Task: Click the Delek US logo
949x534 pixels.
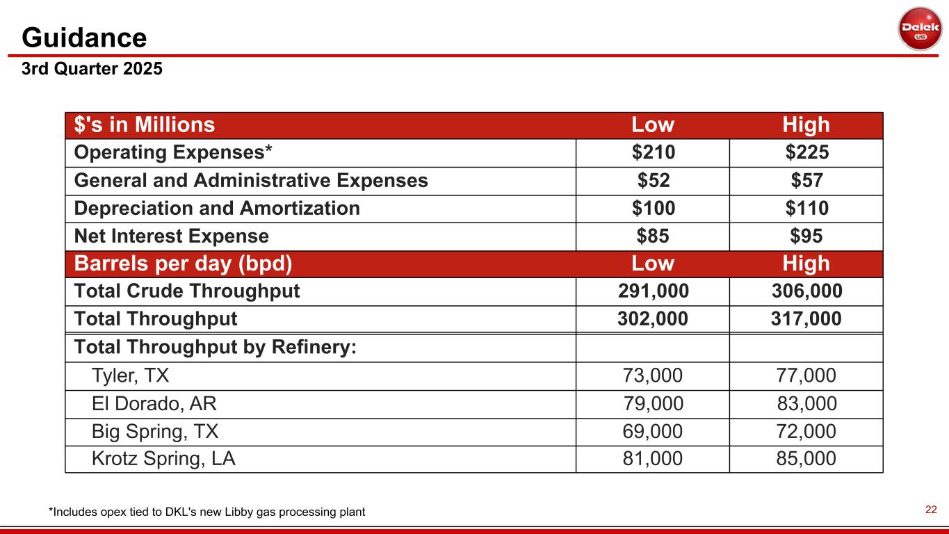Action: (919, 29)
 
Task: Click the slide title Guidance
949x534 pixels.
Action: (84, 38)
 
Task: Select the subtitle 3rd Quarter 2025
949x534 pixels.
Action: (92, 70)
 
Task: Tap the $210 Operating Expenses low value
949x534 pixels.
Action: (653, 153)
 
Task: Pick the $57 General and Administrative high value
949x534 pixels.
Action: (806, 181)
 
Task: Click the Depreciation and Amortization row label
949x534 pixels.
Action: (217, 209)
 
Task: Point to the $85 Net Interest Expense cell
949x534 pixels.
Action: (653, 236)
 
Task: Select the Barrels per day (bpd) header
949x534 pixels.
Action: (182, 264)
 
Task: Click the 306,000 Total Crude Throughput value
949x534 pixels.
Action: (806, 291)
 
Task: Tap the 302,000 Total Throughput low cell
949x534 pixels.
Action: (653, 319)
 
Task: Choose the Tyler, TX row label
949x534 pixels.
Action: (130, 376)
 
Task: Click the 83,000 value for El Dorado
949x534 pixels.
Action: (806, 404)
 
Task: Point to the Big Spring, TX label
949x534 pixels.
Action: (155, 432)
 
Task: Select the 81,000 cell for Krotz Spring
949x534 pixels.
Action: (653, 459)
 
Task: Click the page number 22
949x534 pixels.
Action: (932, 510)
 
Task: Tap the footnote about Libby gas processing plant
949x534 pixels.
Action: (206, 512)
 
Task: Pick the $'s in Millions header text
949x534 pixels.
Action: (145, 125)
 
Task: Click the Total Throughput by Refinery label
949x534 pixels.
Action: (215, 347)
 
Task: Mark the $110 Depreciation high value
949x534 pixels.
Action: (806, 209)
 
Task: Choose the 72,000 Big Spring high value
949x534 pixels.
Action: (806, 432)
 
